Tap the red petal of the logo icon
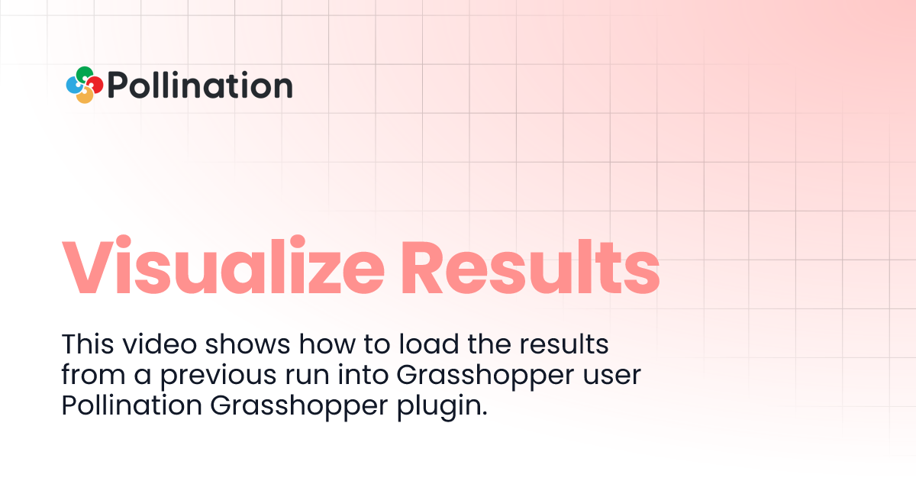pyautogui.click(x=95, y=85)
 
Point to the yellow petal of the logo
pyautogui.click(x=85, y=96)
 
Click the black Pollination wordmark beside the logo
pyautogui.click(x=200, y=86)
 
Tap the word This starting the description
pyautogui.click(x=86, y=344)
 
